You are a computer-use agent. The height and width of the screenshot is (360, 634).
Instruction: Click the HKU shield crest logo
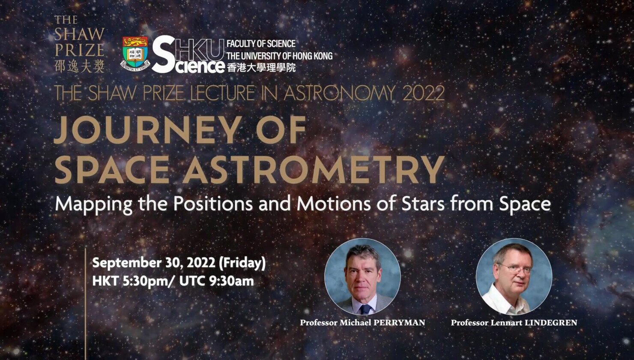pos(135,54)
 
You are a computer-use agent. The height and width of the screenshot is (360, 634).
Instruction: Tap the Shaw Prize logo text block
pos(79,44)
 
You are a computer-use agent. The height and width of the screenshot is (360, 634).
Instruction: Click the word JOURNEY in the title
pos(148,130)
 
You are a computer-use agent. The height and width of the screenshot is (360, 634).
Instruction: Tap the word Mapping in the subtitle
pos(94,204)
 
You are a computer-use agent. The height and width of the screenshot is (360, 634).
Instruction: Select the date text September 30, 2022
pos(154,263)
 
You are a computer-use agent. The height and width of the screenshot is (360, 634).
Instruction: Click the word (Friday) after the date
pos(242,263)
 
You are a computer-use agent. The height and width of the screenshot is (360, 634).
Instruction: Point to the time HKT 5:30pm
pos(130,281)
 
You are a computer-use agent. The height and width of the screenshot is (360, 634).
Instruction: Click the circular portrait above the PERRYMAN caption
pos(362,276)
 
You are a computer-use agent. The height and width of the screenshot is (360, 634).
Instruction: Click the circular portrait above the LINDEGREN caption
pos(514,276)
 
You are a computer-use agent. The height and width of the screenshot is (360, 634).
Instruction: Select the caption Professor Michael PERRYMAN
pos(362,323)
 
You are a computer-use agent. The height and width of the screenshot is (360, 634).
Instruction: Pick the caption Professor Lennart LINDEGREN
pos(514,323)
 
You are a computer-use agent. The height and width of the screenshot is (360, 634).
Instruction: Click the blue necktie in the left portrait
pos(365,309)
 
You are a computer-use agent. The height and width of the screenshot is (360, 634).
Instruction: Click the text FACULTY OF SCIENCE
pos(261,44)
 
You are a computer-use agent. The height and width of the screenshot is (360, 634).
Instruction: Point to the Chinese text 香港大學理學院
pos(261,67)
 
